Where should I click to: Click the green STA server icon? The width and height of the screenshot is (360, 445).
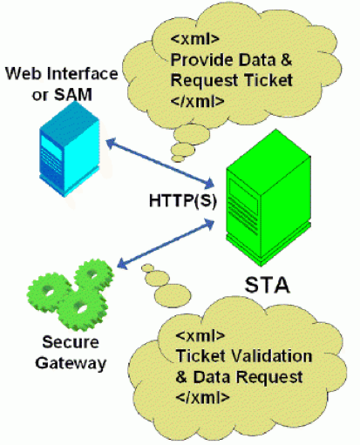(x=268, y=198)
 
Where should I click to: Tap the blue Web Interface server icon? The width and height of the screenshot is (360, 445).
(x=70, y=149)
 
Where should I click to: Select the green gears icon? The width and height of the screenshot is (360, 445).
(x=71, y=295)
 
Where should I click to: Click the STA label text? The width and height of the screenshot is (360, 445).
(x=267, y=285)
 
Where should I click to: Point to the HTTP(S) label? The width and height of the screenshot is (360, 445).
(x=183, y=200)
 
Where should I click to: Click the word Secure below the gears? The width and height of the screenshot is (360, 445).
(x=71, y=342)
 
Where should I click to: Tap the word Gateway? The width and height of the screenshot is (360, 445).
(x=71, y=363)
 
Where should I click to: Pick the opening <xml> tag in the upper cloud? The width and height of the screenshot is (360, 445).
(x=194, y=38)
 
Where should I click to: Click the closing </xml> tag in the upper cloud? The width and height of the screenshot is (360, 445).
(x=197, y=101)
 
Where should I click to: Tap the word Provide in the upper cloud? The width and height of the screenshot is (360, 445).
(x=202, y=59)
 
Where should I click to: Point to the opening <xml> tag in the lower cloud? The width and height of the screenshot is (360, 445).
(x=200, y=335)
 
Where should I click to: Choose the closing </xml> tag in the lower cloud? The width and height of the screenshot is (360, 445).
(x=202, y=397)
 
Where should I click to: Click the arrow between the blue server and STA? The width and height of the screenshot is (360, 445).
(x=160, y=164)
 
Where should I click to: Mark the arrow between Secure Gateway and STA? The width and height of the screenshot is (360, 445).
(x=166, y=244)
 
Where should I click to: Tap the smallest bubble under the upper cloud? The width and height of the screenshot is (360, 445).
(x=178, y=158)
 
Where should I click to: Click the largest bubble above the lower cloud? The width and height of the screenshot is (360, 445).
(x=173, y=296)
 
